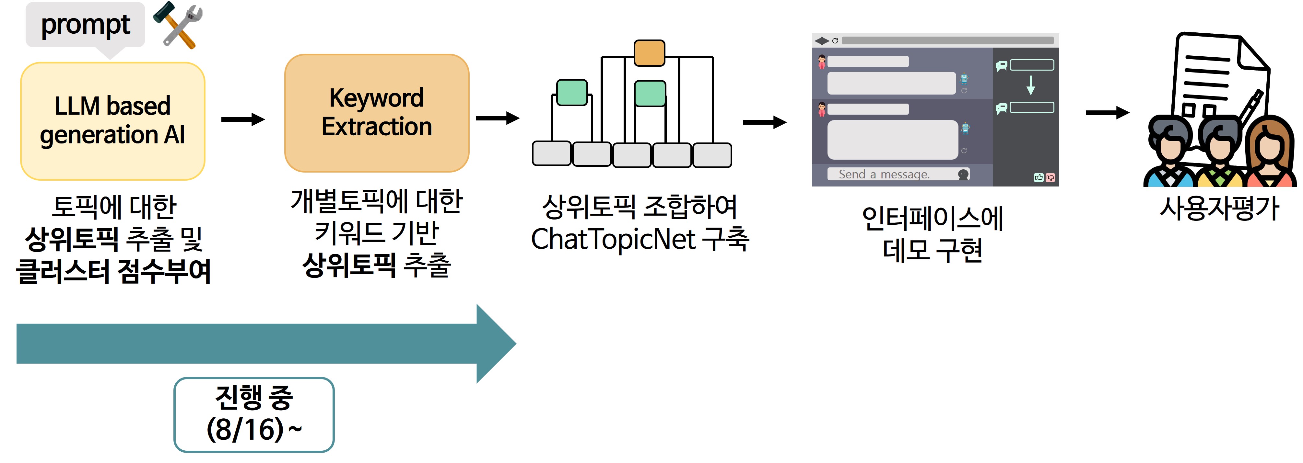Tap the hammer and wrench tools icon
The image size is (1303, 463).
[x=178, y=25]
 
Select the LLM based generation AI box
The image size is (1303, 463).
[x=112, y=121]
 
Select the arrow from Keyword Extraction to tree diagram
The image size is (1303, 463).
[x=498, y=118]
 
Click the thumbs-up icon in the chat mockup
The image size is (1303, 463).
[x=1039, y=177]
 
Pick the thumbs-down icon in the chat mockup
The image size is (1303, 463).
[x=1050, y=177]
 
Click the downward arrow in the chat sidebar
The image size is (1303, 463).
[x=1030, y=85]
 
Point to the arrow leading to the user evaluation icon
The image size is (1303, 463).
[x=1108, y=112]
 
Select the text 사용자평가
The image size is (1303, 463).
[x=1219, y=208]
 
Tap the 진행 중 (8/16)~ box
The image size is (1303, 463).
[x=254, y=414]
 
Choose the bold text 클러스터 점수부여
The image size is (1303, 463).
[x=113, y=271]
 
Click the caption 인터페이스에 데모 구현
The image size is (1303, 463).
[x=933, y=234]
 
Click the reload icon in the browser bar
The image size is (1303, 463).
[x=835, y=40]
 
